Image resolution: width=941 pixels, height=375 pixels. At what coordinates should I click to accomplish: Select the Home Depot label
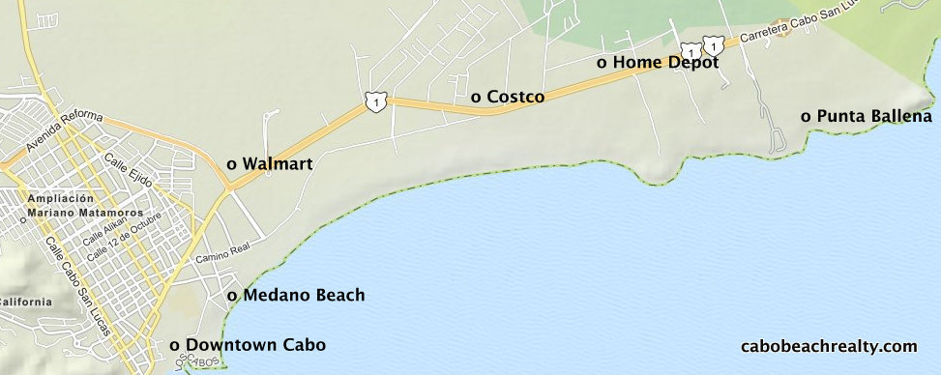tap(665, 62)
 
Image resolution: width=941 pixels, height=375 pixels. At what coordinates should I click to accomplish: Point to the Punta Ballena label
tap(873, 116)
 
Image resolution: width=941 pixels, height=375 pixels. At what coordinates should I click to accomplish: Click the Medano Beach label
tap(304, 295)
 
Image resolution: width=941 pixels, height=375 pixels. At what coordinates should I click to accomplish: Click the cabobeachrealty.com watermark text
tap(828, 346)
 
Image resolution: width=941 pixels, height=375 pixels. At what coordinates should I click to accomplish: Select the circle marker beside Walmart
tap(231, 164)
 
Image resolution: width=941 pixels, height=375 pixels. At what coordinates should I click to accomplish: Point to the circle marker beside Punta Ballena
tap(806, 117)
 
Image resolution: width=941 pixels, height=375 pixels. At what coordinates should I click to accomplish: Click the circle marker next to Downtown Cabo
tap(174, 345)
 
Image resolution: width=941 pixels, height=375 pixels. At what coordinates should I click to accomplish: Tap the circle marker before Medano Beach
tap(231, 296)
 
